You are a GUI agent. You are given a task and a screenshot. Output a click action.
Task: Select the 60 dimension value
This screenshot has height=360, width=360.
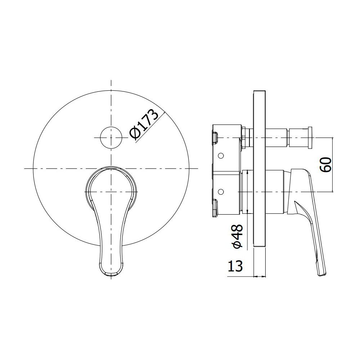pos(325,165)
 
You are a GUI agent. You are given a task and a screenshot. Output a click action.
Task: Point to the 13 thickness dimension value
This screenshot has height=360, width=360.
pos(235,266)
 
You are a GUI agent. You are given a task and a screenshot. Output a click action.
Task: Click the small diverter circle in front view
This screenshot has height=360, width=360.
pos(111,138)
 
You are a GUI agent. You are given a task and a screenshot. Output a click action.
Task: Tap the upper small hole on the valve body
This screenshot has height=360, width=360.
pos(221,156)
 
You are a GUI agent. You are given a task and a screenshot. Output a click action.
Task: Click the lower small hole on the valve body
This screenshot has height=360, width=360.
pos(221,191)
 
